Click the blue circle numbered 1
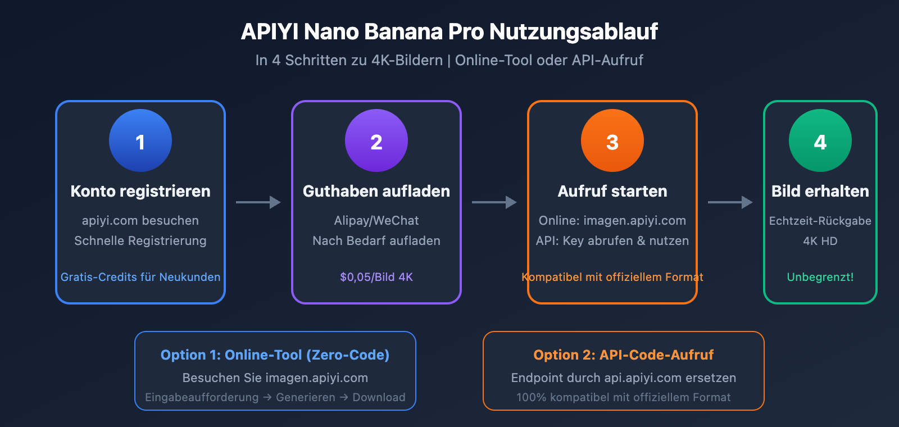140,140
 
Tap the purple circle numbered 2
376,140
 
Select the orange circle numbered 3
612,140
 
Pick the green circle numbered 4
820,140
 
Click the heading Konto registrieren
140,191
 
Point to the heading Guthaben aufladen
376,191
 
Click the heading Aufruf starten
612,191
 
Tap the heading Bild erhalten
820,191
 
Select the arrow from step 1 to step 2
258,202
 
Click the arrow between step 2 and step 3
494,202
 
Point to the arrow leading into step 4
730,202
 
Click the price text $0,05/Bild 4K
376,277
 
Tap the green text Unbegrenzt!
820,277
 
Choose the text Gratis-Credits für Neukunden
140,277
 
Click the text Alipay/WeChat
376,221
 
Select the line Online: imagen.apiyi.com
612,221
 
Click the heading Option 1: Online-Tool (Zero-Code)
275,355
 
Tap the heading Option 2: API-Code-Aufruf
624,355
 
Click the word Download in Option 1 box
379,397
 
